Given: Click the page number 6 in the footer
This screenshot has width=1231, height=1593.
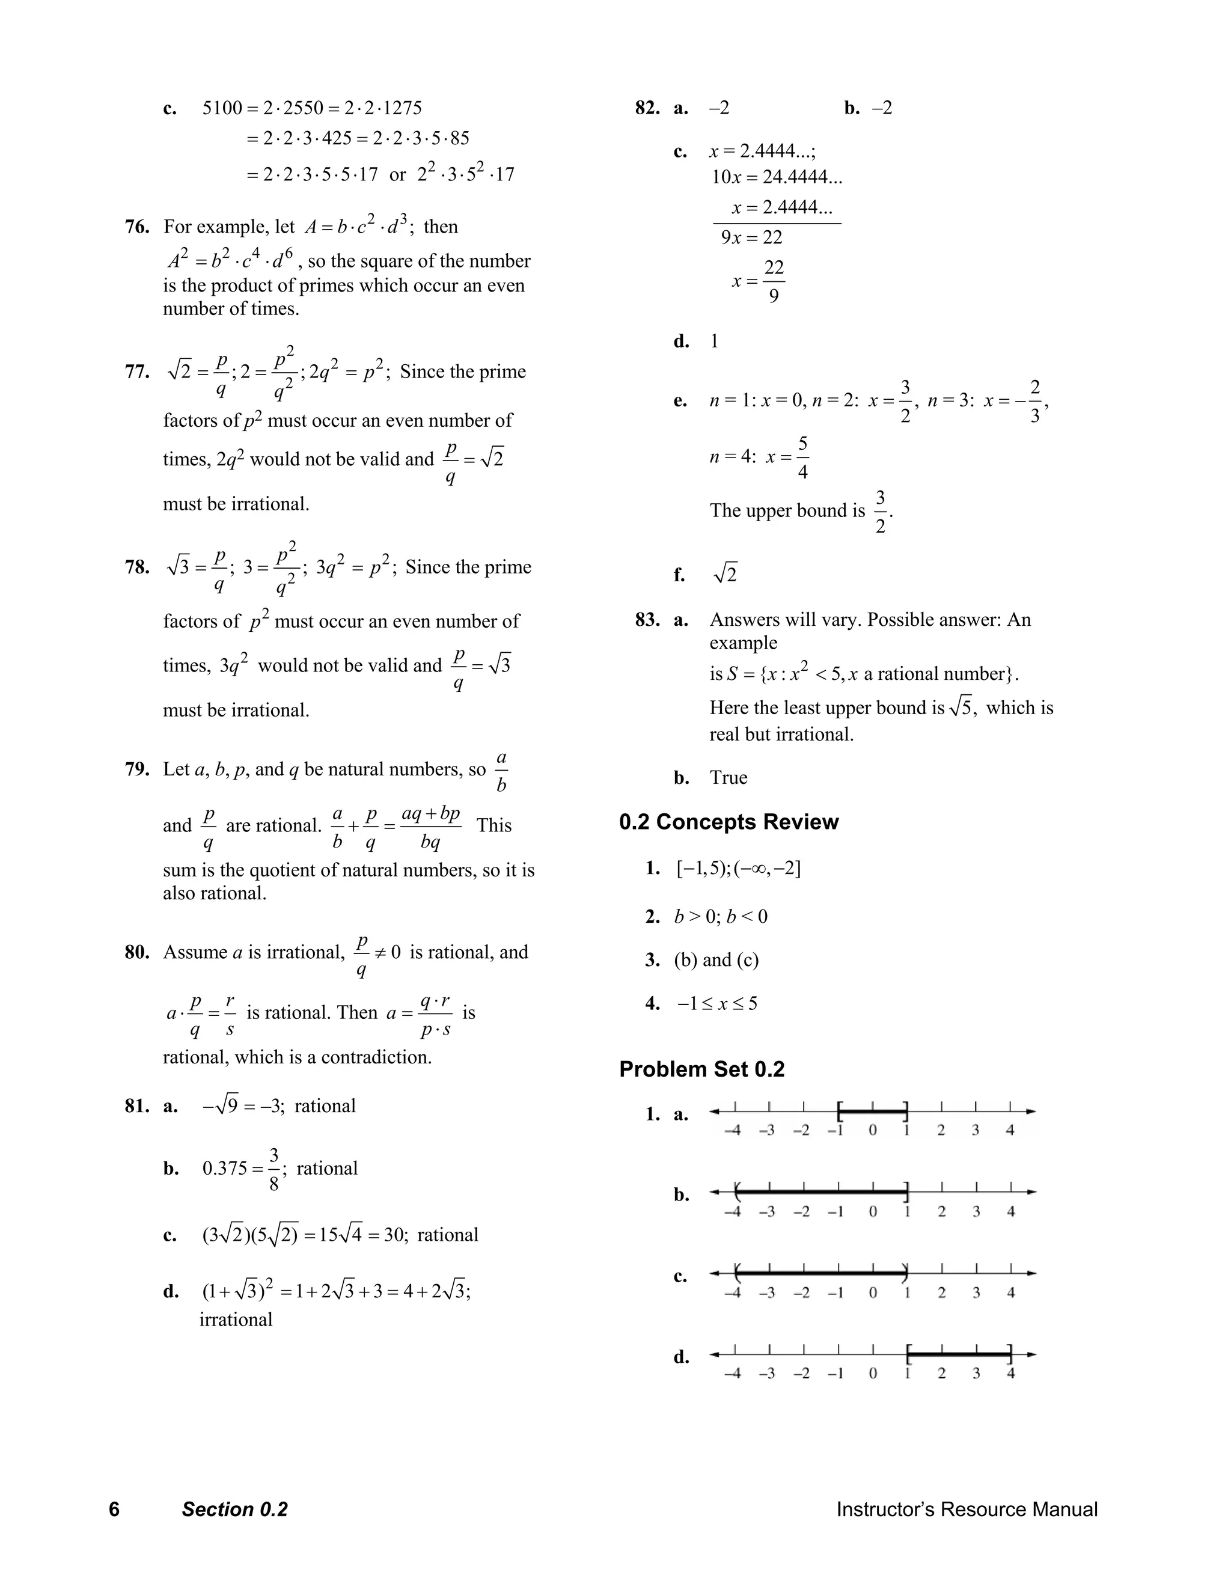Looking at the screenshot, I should pos(114,1509).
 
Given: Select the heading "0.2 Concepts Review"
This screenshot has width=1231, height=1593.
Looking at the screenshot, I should pos(729,822).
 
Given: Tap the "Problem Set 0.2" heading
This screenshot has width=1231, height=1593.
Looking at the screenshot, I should pos(701,1069).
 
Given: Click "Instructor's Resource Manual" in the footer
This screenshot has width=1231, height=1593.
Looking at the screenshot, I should pos(967,1509).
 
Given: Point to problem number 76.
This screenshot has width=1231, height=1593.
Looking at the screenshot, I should pos(137,227).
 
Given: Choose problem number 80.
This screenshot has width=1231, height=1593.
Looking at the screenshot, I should pos(137,952).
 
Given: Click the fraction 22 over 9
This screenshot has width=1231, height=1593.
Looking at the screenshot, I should pos(774,281).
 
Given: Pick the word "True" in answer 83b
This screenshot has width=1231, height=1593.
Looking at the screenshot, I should pos(729,777).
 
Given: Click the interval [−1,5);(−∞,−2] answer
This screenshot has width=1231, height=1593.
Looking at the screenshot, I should pos(738,869).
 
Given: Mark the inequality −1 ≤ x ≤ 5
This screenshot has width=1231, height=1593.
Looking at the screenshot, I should pos(718,1004).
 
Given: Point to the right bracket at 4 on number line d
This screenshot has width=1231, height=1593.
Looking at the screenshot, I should pos(1010,1354).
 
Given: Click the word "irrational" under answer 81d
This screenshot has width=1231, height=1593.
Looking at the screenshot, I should pos(236,1319).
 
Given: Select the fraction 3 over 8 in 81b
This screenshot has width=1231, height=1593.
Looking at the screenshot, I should pos(273,1169).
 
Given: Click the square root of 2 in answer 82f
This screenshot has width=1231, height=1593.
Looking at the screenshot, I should pos(725,574).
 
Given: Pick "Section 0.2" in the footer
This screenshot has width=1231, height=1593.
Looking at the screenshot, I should pos(235,1509).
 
